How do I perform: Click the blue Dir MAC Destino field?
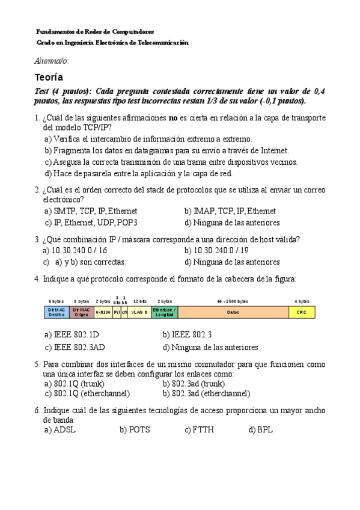pos(56,312)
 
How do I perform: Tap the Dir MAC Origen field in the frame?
pos(81,312)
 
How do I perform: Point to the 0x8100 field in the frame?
pos(103,312)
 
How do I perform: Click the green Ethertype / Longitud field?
pos(165,312)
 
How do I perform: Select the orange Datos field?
pos(233,312)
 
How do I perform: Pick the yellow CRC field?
pos(302,312)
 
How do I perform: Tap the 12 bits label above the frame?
pos(139,301)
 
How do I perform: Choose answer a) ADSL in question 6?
pos(60,430)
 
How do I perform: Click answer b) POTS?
pos(134,430)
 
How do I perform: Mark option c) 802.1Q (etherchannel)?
pos(87,393)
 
